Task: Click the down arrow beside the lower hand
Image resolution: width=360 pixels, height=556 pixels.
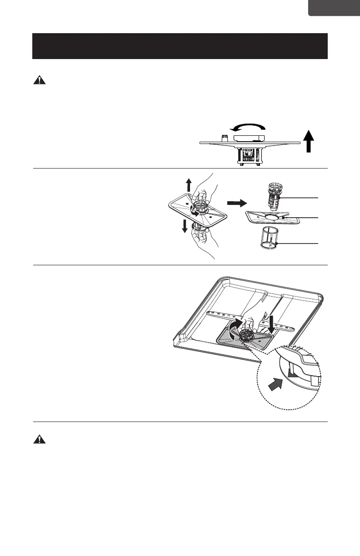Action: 185,225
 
